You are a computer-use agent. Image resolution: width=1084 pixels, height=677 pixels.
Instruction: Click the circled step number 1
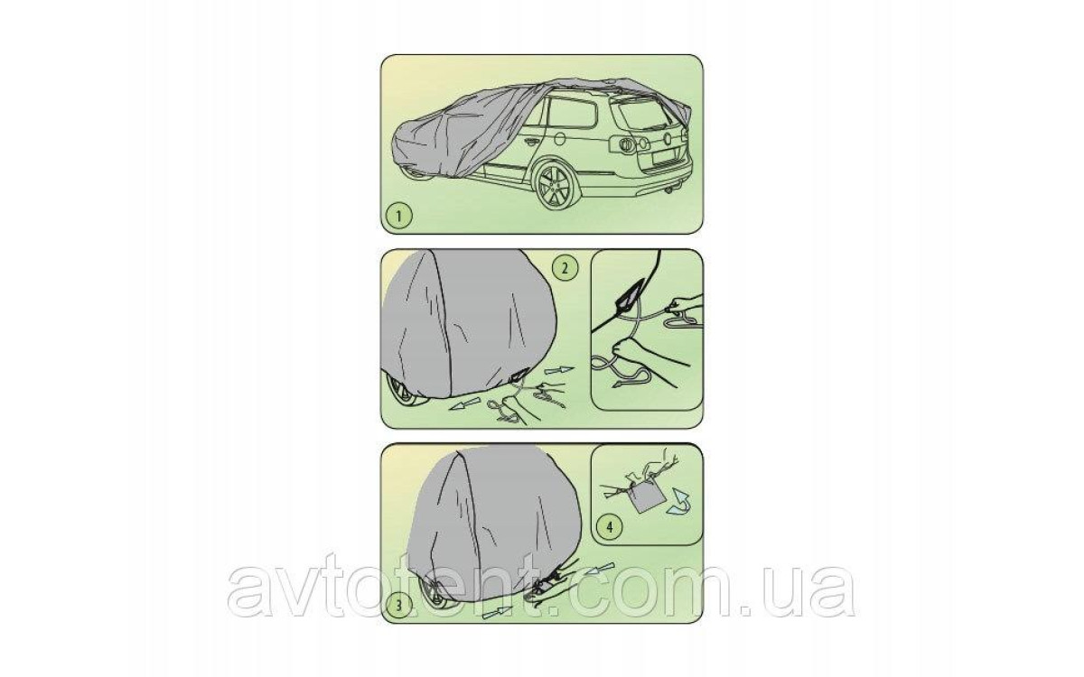pos(398,215)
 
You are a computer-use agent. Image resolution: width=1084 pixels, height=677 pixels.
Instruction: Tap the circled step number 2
pos(565,268)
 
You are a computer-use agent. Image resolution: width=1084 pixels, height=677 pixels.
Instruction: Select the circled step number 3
pos(398,604)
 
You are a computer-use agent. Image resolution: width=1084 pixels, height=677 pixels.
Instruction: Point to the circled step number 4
pos(610,526)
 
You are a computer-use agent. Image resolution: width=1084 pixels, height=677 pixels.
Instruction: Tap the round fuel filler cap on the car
pos(559,138)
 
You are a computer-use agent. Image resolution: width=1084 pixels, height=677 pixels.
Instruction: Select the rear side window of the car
pos(573,117)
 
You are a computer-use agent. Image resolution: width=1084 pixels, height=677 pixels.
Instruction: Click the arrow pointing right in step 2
pos(558,370)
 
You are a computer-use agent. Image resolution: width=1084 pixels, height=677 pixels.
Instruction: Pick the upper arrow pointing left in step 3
pos(600,570)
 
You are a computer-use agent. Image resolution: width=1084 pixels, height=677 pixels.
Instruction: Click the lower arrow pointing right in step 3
pos(498,612)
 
